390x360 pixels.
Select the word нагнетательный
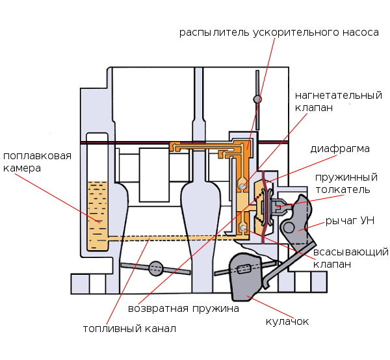337,96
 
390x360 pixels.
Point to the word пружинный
346,177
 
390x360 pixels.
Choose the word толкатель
343,190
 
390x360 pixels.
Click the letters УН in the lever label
367,221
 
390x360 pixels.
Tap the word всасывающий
351,252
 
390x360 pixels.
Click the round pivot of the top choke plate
257,99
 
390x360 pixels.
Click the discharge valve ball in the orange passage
242,186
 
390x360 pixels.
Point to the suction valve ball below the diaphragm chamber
242,228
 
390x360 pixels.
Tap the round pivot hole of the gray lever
289,227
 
